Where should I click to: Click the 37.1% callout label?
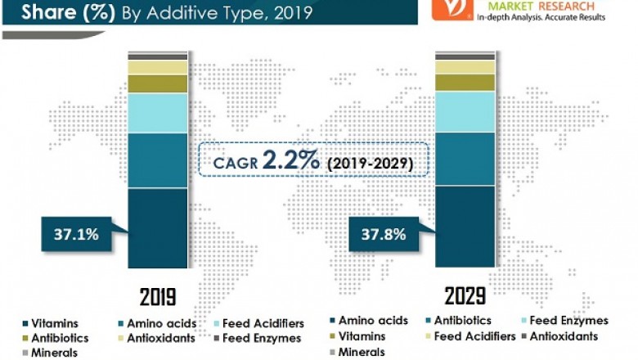pos(77,235)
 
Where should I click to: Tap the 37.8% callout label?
pos(384,235)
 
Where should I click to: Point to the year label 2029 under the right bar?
pos(465,295)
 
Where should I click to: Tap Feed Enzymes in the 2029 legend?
pos(568,321)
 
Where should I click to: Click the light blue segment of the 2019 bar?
pos(157,113)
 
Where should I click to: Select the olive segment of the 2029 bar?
pos(465,83)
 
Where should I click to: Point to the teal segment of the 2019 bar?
pos(157,160)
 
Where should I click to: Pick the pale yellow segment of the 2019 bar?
pos(157,67)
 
